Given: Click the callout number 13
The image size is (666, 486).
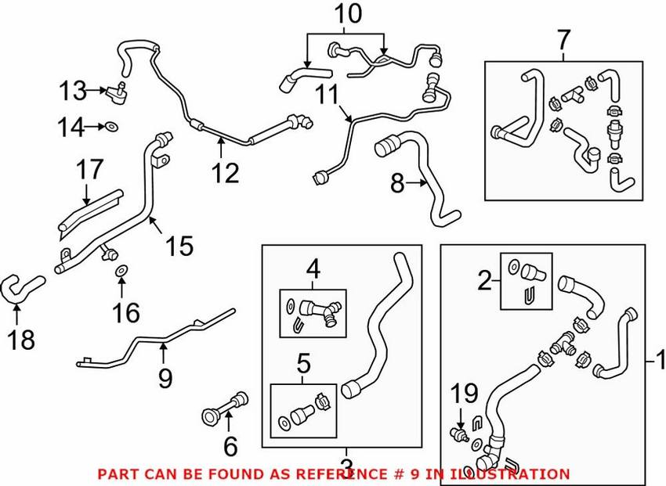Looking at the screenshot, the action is point(73,91).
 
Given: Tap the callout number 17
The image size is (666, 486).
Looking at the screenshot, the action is point(89,169).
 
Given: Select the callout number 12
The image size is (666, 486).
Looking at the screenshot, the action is point(225,173).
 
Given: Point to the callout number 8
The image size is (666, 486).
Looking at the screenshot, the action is point(397,183).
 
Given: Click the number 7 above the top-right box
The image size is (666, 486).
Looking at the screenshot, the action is point(563,40).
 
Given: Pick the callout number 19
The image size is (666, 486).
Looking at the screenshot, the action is point(464,393).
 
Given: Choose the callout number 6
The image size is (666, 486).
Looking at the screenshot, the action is point(230,446).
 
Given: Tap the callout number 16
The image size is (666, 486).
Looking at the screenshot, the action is point(125,313).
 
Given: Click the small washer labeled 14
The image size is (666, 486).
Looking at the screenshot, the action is point(112,126).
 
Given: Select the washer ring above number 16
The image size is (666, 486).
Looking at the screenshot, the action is point(121,270).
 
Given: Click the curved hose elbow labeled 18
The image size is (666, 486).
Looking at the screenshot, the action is point(22,288).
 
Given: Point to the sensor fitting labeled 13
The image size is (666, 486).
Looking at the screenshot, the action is point(118,93).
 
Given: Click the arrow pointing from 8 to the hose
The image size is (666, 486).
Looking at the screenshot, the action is point(416,183).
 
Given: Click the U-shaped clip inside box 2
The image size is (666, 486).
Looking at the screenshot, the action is point(527,296).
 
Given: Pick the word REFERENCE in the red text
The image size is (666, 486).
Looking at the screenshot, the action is point(341,473).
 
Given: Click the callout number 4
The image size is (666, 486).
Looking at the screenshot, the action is point(313,269).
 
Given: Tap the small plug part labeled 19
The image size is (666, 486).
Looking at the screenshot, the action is point(459,434).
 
